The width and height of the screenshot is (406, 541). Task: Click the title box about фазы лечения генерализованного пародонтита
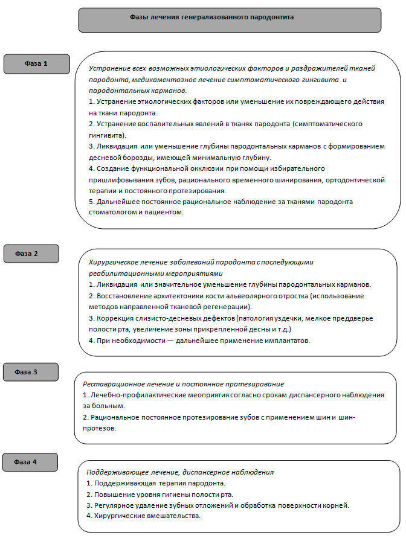click(230, 19)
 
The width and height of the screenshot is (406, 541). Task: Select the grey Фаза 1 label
click(36, 63)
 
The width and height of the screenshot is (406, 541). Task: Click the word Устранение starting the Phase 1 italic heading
click(108, 68)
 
